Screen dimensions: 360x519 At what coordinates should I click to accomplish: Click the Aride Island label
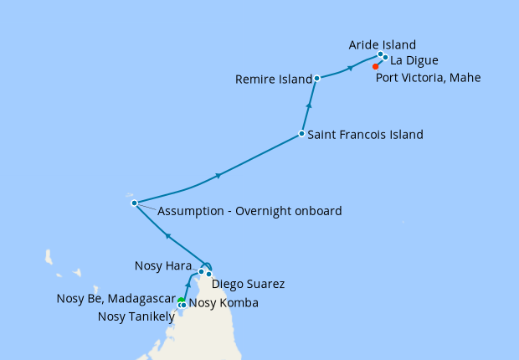point(382,44)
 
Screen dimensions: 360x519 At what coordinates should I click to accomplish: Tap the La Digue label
point(414,60)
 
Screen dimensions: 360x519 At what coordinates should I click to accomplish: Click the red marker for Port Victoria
point(375,67)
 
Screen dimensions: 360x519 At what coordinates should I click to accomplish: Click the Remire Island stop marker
point(317,78)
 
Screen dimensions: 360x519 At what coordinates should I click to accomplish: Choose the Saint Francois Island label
point(365,134)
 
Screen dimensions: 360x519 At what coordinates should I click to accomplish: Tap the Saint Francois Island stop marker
point(301,134)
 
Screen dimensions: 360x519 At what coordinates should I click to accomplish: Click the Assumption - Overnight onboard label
point(249,211)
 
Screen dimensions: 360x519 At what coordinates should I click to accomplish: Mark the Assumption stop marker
point(133,203)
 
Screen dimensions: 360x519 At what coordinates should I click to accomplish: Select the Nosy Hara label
point(165,266)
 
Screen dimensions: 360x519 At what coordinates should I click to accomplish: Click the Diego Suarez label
point(248,284)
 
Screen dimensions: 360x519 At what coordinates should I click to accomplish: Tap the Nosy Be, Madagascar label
point(116,299)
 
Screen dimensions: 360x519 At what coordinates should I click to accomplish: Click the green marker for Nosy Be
point(180,301)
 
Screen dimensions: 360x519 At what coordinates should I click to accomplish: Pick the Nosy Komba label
point(224,303)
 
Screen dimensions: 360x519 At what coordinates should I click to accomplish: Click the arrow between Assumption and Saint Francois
point(218,175)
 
